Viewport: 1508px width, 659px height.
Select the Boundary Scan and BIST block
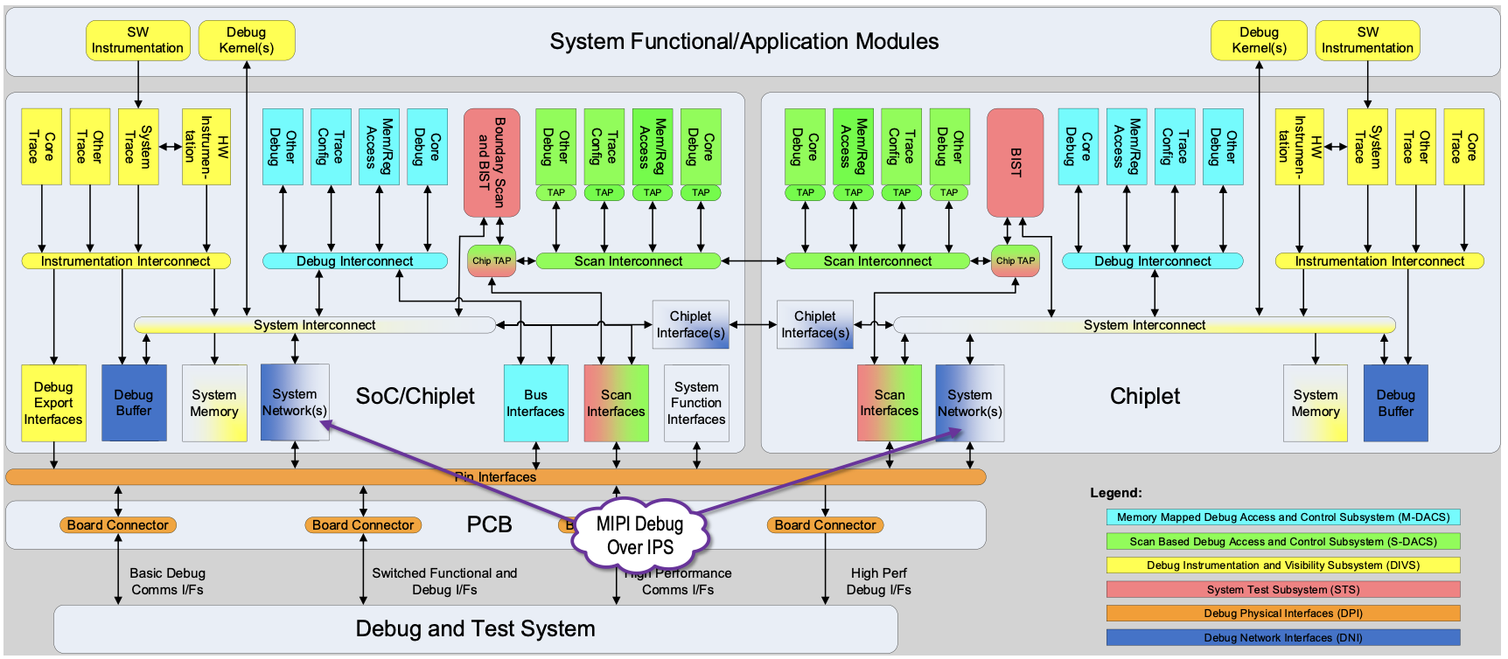point(492,162)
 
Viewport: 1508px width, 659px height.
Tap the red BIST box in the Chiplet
point(1015,162)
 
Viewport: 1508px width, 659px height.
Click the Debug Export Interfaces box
point(53,403)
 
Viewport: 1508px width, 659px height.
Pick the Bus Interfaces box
point(535,403)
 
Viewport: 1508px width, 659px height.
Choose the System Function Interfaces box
point(696,403)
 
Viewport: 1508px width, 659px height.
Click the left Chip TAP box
point(491,260)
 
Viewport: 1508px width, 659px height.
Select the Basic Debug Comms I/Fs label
point(167,581)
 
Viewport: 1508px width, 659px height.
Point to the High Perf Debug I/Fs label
point(878,581)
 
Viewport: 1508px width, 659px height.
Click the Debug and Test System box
point(475,628)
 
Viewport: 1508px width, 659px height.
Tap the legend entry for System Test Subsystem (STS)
point(1282,590)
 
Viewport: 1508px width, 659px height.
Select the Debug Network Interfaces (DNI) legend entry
point(1282,638)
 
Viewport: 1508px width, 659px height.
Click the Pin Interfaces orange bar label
point(495,477)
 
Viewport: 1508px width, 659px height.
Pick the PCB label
point(489,524)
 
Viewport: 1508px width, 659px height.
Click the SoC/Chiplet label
point(415,396)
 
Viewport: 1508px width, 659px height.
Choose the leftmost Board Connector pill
point(117,525)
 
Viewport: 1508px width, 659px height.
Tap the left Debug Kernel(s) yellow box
point(246,40)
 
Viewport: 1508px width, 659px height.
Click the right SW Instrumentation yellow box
point(1366,40)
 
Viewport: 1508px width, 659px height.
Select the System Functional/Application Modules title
point(744,41)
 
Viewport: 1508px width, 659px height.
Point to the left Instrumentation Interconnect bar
point(125,261)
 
